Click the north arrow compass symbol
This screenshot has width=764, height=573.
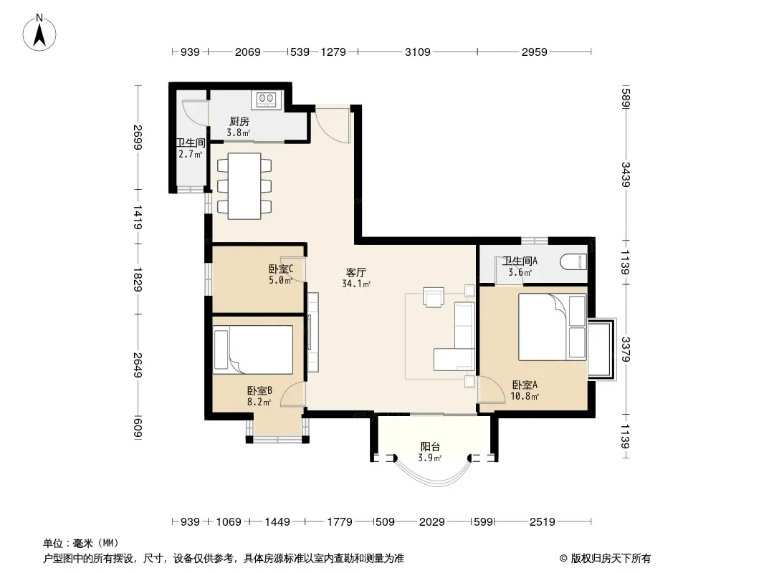(x=39, y=33)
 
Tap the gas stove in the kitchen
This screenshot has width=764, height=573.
(x=267, y=100)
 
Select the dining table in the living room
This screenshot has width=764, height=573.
(x=244, y=186)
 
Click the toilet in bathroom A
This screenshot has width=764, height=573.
(x=573, y=262)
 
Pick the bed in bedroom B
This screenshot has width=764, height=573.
(x=254, y=350)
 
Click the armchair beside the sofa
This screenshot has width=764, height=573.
(x=434, y=297)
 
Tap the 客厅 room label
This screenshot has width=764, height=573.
(x=355, y=273)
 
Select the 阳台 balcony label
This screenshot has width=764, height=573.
(x=430, y=446)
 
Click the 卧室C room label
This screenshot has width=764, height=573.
(x=281, y=269)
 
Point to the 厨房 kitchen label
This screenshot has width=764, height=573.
(x=239, y=121)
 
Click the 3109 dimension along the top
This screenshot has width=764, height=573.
(x=418, y=52)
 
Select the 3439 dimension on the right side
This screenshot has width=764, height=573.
(x=626, y=174)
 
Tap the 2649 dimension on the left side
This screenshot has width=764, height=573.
(x=138, y=365)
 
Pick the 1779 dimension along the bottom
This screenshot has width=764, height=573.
(x=340, y=522)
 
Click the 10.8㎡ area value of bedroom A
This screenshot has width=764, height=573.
(x=525, y=396)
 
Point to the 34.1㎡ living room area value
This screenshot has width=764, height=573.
(x=356, y=284)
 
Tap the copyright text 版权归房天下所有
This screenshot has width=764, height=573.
(x=611, y=559)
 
